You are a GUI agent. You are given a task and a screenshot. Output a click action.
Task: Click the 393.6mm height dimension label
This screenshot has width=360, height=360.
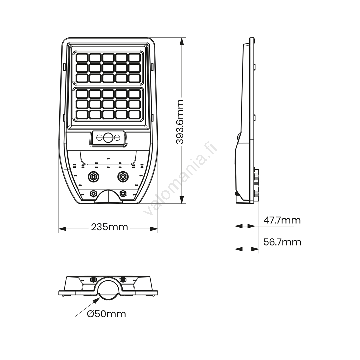[x=180, y=121]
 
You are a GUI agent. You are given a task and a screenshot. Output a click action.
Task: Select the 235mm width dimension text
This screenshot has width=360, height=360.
[x=109, y=227]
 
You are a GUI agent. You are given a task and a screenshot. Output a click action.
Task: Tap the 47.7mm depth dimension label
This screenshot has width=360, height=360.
[x=282, y=220]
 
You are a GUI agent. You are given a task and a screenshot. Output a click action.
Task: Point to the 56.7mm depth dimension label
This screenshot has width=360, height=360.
[x=282, y=242]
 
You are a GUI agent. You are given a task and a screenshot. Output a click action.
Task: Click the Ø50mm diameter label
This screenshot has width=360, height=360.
[x=106, y=314]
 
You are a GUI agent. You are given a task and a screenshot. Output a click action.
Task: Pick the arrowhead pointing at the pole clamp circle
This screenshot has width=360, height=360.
[x=96, y=301]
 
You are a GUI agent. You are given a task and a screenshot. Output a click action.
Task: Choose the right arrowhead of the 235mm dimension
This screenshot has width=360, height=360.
[x=154, y=229]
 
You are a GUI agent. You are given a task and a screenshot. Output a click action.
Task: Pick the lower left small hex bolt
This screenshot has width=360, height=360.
[x=93, y=193]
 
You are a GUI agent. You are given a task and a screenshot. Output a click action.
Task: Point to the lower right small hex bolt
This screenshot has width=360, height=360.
[x=123, y=193]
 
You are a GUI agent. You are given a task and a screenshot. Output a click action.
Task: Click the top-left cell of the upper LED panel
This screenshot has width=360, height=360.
[x=82, y=58]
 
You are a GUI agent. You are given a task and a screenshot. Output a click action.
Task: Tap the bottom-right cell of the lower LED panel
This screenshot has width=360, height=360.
[x=134, y=114]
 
